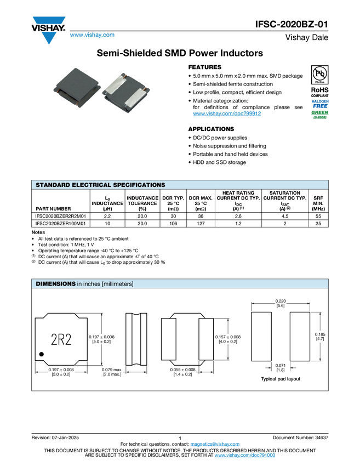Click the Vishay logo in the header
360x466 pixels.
(x=48, y=30)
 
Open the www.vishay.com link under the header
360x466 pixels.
(x=92, y=35)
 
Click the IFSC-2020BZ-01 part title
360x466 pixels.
(x=292, y=24)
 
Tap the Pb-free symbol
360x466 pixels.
(x=319, y=75)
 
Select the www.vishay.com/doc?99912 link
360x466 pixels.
(x=227, y=113)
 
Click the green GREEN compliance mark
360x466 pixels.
(x=319, y=112)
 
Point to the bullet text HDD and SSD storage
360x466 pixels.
(x=220, y=162)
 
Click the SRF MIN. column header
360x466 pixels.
(x=318, y=203)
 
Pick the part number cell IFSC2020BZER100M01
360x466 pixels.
(x=61, y=224)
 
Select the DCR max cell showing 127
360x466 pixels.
(x=201, y=224)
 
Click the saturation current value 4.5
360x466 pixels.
(x=285, y=216)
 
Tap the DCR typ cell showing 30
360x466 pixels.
(x=173, y=216)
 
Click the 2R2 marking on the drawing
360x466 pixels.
(x=61, y=339)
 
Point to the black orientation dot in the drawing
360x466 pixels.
(x=42, y=354)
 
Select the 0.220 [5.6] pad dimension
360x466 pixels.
(x=281, y=303)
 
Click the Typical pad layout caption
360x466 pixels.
(x=281, y=379)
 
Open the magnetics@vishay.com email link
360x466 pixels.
(x=215, y=444)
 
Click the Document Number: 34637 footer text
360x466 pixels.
(x=300, y=437)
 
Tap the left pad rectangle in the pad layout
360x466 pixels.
(x=261, y=337)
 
